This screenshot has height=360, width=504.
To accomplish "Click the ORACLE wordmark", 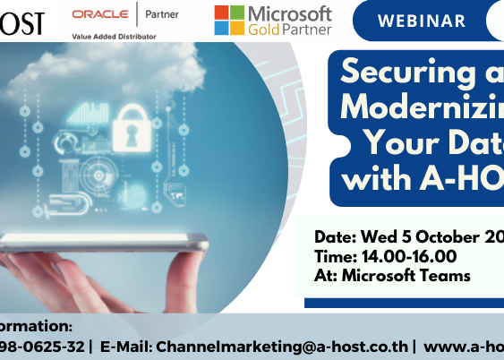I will [x=99, y=14].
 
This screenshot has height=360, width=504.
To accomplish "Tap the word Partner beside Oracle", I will [x=161, y=14].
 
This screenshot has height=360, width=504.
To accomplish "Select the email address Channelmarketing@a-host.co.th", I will [x=269, y=346].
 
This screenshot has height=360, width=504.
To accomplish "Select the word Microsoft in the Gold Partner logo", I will [x=289, y=13].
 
